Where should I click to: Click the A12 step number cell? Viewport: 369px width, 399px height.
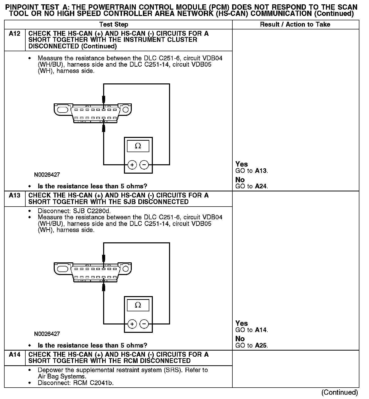[x=14, y=34]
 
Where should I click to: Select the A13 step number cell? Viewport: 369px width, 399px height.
[x=14, y=195]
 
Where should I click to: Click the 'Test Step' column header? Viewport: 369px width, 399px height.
[x=114, y=25]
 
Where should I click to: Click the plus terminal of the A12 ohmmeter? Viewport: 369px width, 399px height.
[x=132, y=165]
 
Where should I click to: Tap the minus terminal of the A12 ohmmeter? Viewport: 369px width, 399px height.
[x=144, y=165]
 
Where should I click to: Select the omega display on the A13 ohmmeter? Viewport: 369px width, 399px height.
[x=138, y=305]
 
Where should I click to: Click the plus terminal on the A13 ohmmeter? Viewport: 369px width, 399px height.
[x=132, y=324]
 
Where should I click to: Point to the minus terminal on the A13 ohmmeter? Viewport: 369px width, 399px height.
[x=144, y=324]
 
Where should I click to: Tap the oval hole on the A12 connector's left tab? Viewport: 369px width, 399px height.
[x=62, y=110]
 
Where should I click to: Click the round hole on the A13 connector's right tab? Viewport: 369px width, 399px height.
[x=125, y=269]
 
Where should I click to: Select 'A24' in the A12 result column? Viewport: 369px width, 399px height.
[x=261, y=186]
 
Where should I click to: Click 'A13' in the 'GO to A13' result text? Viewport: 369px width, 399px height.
[x=261, y=171]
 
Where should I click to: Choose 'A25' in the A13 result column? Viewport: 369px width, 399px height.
[x=261, y=346]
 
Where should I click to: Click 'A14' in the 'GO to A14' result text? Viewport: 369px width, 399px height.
[x=261, y=330]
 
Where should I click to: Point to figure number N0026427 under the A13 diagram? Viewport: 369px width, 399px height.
[x=47, y=334]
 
